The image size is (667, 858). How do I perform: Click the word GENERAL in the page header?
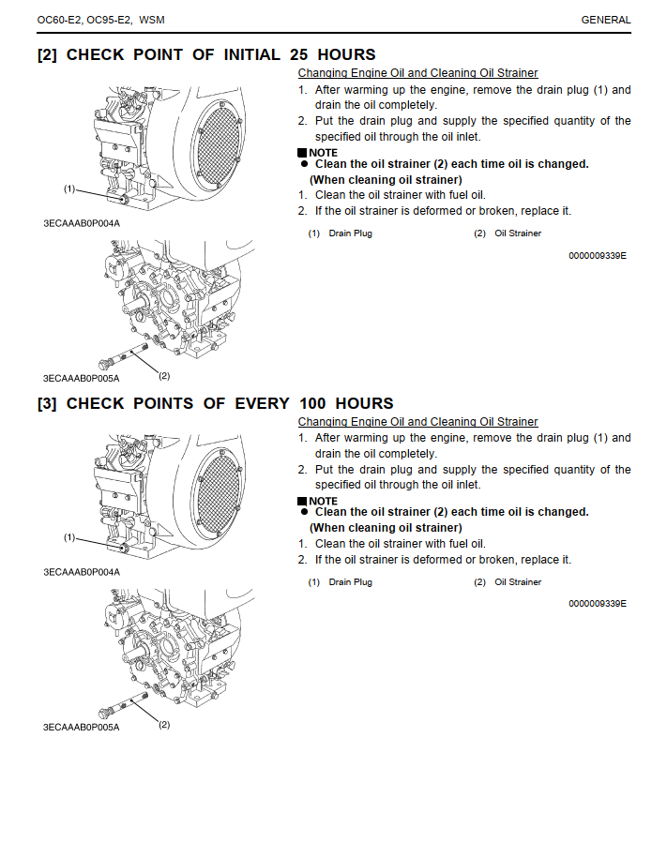pos(606,20)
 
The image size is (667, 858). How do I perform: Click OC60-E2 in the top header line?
pos(59,20)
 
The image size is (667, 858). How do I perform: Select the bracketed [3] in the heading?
pos(48,403)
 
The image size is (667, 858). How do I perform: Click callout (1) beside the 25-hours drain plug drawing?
pos(69,188)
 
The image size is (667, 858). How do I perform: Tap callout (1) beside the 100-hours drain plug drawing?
pos(69,537)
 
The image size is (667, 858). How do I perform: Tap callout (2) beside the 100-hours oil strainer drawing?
pos(163,724)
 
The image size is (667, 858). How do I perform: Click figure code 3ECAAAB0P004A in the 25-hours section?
pos(82,222)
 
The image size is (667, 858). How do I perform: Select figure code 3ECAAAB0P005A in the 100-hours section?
pos(82,727)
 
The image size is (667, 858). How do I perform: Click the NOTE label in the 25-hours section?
pos(323,152)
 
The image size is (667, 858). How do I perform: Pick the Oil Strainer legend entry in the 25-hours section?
pos(518,233)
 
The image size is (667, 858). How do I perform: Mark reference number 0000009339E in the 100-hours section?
pos(598,604)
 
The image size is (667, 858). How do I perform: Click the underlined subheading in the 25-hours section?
pos(417,73)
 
